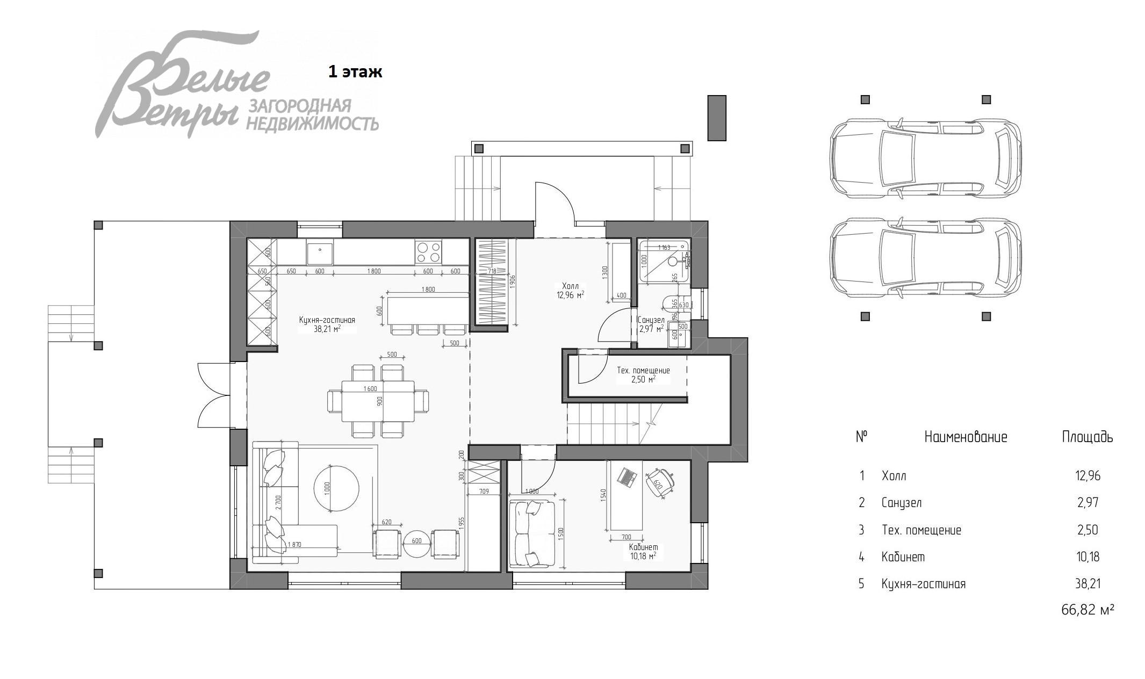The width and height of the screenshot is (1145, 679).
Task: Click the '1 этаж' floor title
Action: [355, 72]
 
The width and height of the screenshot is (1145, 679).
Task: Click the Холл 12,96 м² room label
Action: [570, 291]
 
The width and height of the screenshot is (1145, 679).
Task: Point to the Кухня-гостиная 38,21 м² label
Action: [327, 324]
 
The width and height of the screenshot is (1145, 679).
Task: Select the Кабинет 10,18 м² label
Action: [643, 551]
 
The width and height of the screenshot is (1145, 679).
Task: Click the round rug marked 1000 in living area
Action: [336, 489]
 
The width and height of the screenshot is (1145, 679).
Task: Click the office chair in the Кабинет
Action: [659, 481]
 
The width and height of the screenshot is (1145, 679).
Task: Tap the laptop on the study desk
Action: [626, 477]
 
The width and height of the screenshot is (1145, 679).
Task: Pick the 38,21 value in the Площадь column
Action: [1088, 583]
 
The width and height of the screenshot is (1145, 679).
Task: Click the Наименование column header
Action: [966, 437]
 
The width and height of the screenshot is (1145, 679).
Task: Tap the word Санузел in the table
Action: [901, 503]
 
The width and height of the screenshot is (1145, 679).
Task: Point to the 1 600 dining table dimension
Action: [370, 388]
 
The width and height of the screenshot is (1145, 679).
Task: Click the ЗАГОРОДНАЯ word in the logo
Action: [299, 106]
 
